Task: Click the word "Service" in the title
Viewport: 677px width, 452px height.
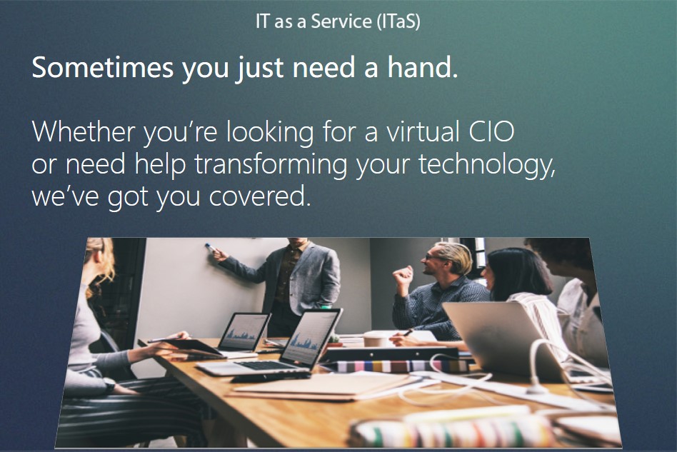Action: [341, 21]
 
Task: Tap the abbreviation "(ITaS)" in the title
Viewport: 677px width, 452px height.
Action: [398, 21]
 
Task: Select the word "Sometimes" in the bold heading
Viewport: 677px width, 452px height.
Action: [103, 67]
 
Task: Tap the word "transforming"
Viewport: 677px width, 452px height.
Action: [271, 165]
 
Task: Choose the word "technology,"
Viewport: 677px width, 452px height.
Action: [486, 165]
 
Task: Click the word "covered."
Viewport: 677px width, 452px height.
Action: [260, 196]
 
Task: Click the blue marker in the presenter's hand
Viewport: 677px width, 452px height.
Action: [211, 247]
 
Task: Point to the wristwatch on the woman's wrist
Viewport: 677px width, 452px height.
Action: [109, 385]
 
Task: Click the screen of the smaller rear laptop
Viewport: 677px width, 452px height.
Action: [244, 332]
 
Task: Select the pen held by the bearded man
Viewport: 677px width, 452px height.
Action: [408, 333]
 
